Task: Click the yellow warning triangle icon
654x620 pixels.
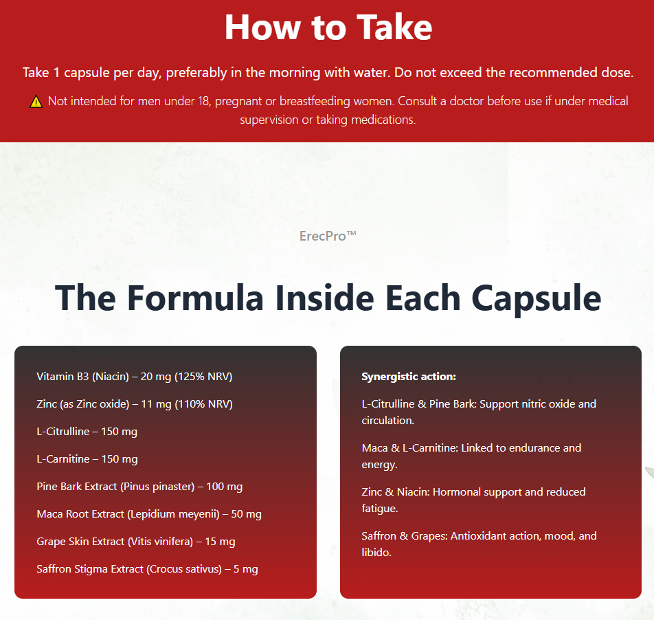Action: coord(36,102)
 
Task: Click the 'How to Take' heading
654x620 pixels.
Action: coord(328,27)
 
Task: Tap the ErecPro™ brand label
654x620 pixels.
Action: coord(328,236)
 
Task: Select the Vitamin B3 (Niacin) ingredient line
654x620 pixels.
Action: coord(135,377)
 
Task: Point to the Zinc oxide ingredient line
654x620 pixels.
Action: coord(135,404)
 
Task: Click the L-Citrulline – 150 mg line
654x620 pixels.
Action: coord(87,432)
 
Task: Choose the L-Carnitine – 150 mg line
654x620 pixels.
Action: coord(87,459)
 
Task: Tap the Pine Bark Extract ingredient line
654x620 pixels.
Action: coord(139,487)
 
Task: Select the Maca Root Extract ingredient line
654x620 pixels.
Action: coord(149,514)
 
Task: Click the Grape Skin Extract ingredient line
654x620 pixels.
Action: coord(136,542)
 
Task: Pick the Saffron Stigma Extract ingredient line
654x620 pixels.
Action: coord(147,569)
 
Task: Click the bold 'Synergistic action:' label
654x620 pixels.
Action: coord(409,377)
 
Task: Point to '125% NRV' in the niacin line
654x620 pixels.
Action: coord(203,377)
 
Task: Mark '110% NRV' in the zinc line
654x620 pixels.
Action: coord(204,404)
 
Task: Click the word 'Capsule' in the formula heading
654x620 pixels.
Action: coord(537,299)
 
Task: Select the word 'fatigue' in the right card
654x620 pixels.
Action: coord(379,509)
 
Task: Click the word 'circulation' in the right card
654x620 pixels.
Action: coord(387,421)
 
